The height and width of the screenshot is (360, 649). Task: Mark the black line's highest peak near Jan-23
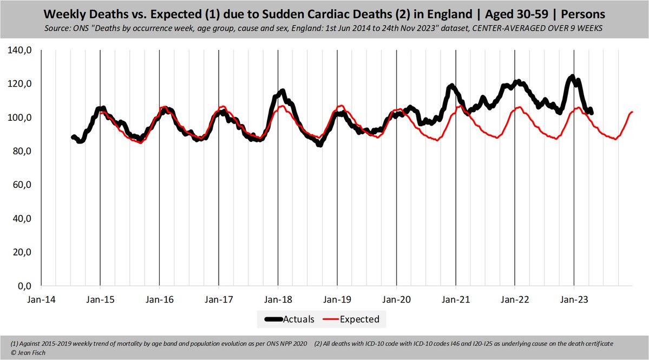click(572, 77)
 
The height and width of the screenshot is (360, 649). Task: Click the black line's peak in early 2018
click(281, 91)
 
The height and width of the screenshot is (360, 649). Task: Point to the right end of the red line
click(632, 112)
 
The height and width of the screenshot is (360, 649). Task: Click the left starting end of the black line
click(73, 138)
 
